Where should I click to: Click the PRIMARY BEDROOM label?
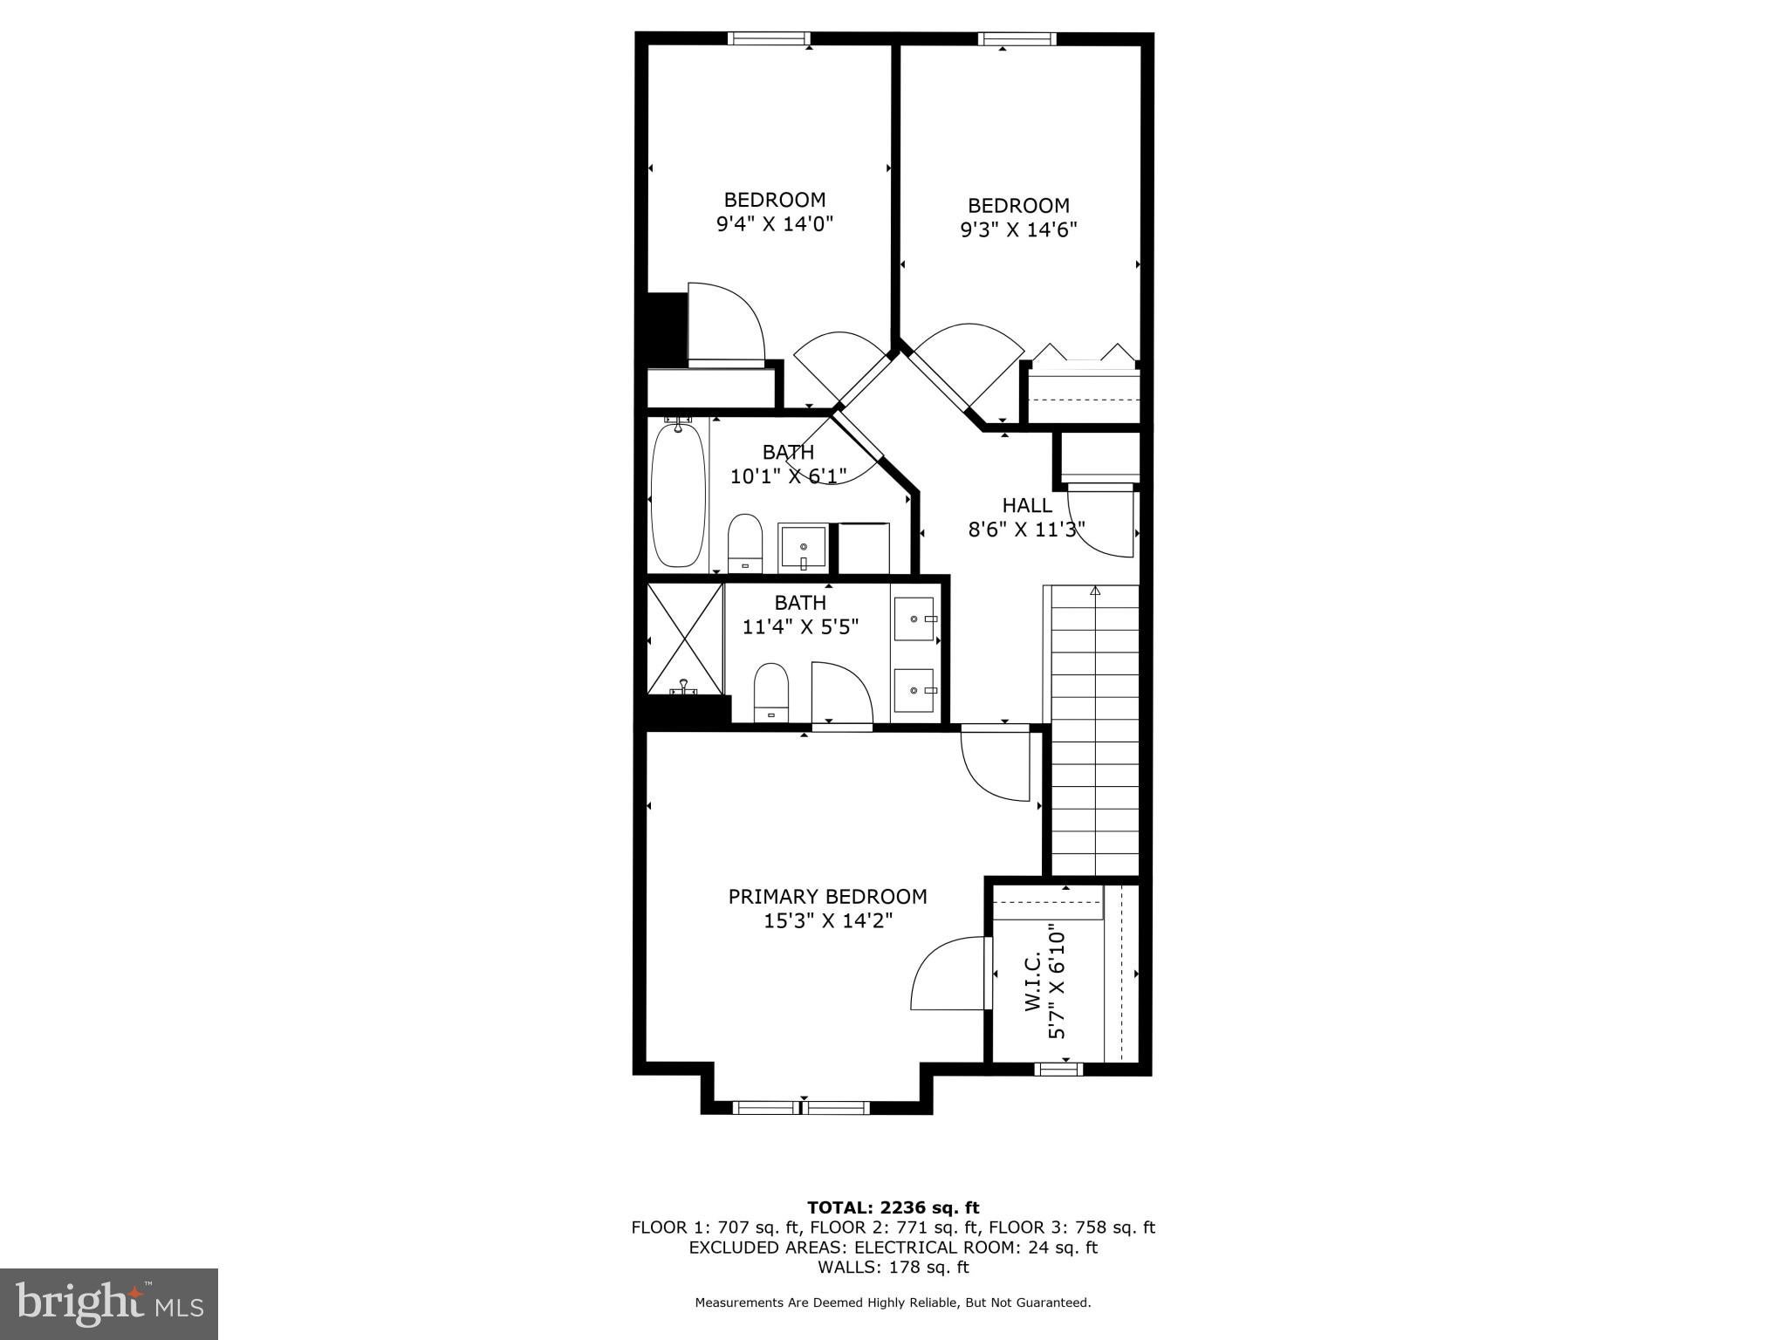[x=827, y=896]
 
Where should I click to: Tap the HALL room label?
[x=1027, y=505]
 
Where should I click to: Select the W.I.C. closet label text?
[x=1032, y=982]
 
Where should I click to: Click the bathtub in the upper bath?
[x=678, y=494]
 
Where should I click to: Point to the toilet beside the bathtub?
[x=745, y=544]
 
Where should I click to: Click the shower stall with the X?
[x=685, y=639]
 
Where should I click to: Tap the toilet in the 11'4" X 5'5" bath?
[x=771, y=692]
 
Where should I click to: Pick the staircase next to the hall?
[x=1095, y=730]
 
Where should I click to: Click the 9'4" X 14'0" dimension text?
[x=775, y=223]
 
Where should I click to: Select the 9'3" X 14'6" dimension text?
[x=1018, y=229]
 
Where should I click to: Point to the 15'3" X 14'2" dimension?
[x=827, y=920]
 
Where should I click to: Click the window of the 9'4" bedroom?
[x=769, y=38]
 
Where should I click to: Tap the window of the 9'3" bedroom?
[x=1017, y=38]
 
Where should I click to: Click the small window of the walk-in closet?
[x=1058, y=1069]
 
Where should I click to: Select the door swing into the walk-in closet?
[x=949, y=974]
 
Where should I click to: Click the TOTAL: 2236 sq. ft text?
[x=893, y=1207]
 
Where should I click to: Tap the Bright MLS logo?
[x=109, y=1304]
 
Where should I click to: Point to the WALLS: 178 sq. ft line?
[x=893, y=1267]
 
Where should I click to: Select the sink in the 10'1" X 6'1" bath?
[x=803, y=548]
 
